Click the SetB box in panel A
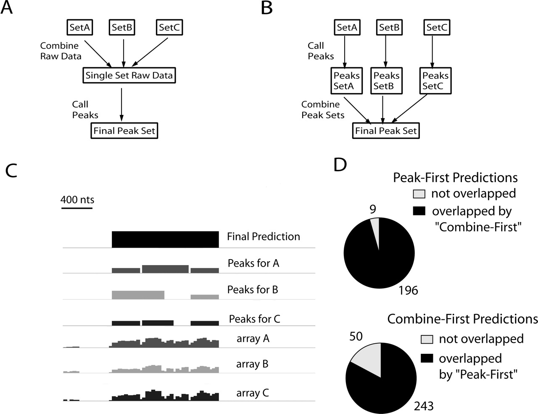click(x=123, y=28)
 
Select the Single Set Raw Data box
click(x=129, y=76)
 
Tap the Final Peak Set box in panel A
click(x=124, y=130)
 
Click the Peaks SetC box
click(x=435, y=81)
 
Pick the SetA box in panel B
click(x=347, y=28)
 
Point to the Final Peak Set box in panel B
click(x=386, y=130)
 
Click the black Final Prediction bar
click(x=165, y=239)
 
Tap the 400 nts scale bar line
click(x=77, y=207)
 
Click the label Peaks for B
click(x=253, y=289)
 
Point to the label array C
click(x=252, y=393)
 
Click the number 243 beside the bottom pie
click(x=424, y=406)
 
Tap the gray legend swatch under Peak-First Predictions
click(x=419, y=194)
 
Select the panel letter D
click(x=340, y=165)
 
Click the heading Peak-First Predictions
click(x=455, y=177)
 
